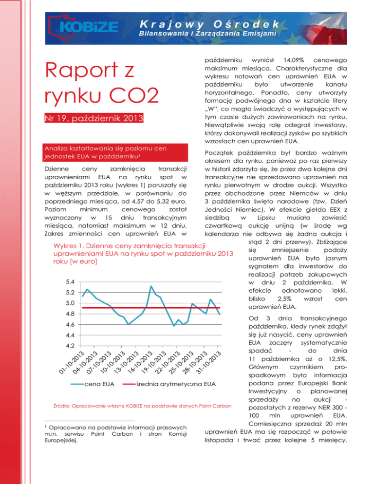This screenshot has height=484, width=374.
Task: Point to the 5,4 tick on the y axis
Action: tap(72, 282)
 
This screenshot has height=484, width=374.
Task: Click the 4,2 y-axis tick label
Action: tap(72, 346)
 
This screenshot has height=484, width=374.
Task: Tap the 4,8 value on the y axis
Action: tap(72, 314)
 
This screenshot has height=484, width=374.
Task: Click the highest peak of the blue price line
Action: tap(151, 286)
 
